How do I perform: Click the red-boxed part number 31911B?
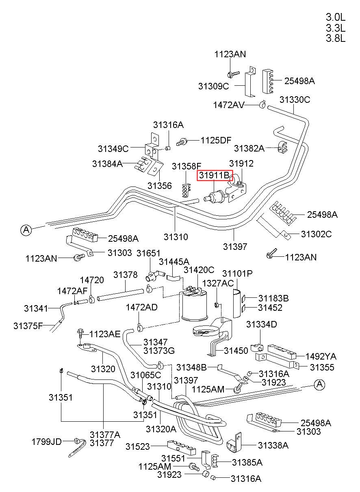point(214,175)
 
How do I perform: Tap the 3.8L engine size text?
point(335,39)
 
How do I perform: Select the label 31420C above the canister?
point(199,270)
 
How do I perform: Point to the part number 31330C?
point(295,100)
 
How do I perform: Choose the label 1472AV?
point(229,105)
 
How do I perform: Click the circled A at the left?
point(26,230)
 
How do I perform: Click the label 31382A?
point(249,148)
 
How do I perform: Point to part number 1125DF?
point(216,140)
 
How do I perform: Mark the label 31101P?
point(237,274)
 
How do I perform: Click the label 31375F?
point(28,326)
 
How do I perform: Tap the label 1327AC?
point(218,283)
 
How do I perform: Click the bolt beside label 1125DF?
point(182,142)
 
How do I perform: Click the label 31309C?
point(213,86)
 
